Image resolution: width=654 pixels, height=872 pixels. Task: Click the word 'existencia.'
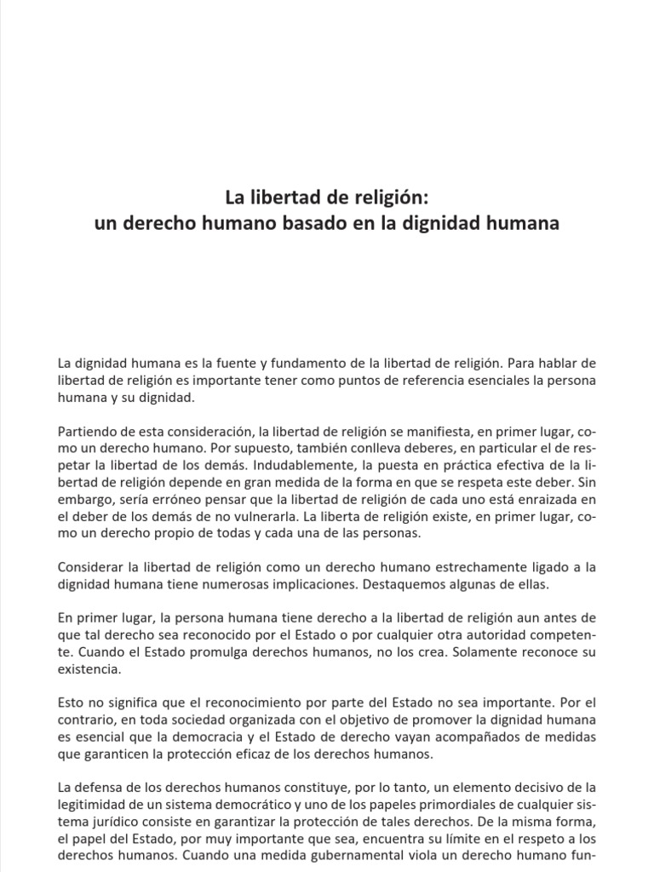coord(91,669)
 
